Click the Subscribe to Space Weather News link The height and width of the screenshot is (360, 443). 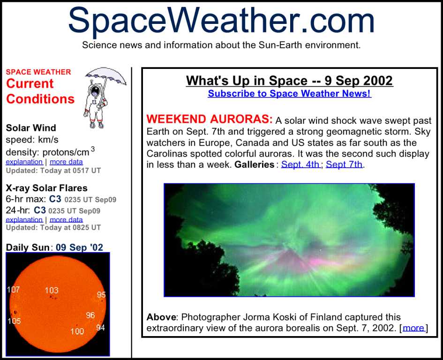290,94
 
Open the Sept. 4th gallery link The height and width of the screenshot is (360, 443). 300,164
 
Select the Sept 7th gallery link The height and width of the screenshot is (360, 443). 344,164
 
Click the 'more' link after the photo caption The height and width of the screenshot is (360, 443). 413,328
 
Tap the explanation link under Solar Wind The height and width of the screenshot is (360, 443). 24,162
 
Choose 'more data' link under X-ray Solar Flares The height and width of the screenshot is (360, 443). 66,219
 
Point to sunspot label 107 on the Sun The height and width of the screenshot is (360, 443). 13,289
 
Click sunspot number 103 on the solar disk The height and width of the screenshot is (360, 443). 52,290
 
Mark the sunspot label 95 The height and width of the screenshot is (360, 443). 101,294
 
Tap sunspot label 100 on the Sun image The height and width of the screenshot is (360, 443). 77,331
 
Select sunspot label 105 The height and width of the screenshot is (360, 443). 14,321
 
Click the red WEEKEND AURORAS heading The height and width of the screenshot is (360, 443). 210,119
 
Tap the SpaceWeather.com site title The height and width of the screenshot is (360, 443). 221,20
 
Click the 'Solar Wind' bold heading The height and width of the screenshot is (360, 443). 31,127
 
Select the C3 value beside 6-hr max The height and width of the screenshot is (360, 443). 55,199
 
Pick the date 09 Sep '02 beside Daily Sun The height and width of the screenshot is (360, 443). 79,247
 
